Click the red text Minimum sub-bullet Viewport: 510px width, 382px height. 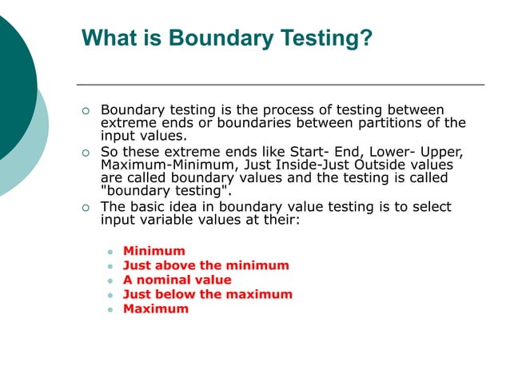pyautogui.click(x=153, y=251)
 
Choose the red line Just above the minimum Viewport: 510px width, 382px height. pyautogui.click(x=205, y=265)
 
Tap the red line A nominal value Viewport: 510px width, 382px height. pyautogui.click(x=177, y=280)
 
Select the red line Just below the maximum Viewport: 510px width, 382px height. pyautogui.click(x=207, y=294)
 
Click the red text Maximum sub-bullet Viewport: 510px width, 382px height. pyautogui.click(x=155, y=308)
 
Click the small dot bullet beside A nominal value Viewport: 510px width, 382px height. pyautogui.click(x=110, y=281)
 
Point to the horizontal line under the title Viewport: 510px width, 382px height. pyautogui.click(x=280, y=84)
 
